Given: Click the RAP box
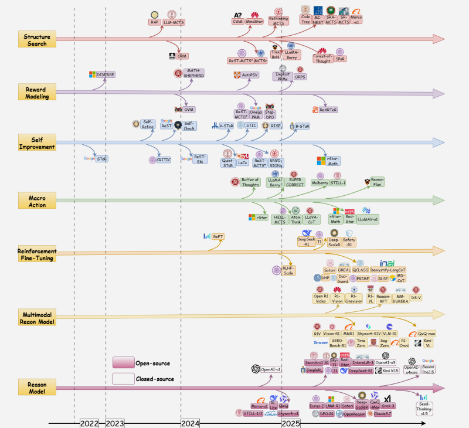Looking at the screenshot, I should pyautogui.click(x=154, y=22).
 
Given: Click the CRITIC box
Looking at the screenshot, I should pyautogui.click(x=164, y=159).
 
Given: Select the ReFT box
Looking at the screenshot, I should pyautogui.click(x=218, y=236).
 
